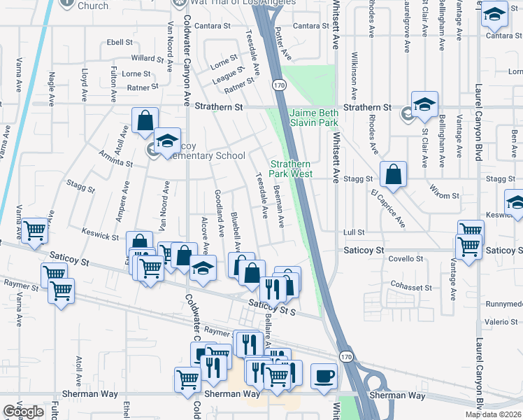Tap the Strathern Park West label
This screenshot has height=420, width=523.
click(x=289, y=169)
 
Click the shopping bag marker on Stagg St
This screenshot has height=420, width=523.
click(x=394, y=175)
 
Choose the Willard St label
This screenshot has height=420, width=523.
click(x=147, y=58)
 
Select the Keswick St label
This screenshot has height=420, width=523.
click(x=100, y=232)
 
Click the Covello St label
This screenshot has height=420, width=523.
click(x=405, y=259)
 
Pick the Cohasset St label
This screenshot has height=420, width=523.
click(x=412, y=287)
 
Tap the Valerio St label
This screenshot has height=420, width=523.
click(x=501, y=321)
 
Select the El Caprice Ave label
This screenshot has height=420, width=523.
click(x=388, y=208)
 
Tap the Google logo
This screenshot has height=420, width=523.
click(x=23, y=412)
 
